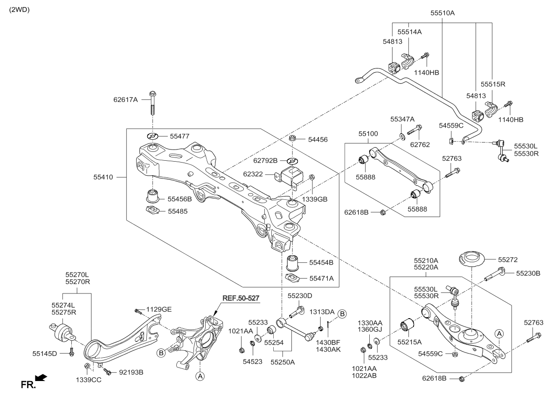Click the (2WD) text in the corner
19,9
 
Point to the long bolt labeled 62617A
153,105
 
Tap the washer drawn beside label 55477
153,136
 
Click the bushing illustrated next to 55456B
153,194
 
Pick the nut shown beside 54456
292,138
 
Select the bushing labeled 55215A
408,325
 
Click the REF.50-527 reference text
241,298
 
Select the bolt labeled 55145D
71,351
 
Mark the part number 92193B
131,372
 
